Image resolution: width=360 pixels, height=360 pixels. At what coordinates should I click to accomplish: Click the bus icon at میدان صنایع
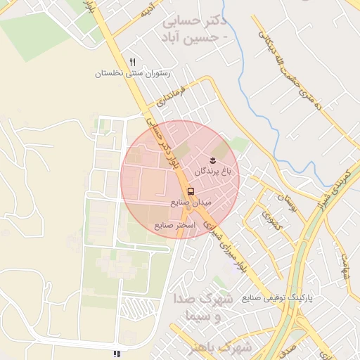coord(191,191)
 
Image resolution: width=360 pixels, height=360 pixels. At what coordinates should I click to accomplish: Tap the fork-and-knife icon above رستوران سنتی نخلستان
coord(132,63)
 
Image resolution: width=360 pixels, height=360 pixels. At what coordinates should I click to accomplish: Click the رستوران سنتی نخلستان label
coord(132,73)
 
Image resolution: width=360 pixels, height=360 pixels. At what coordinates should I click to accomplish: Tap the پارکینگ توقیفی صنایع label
coord(281,298)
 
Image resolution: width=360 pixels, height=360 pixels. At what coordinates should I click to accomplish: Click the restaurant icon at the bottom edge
coord(117,354)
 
